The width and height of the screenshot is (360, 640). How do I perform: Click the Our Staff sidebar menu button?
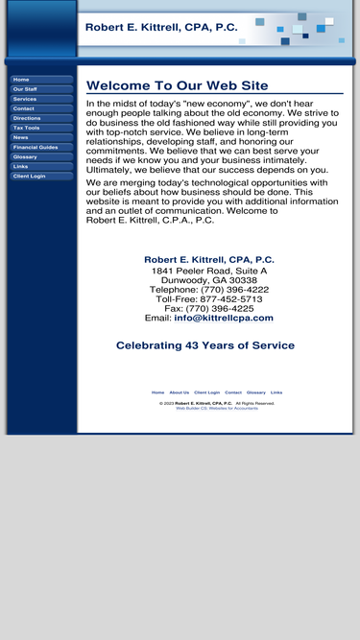41,89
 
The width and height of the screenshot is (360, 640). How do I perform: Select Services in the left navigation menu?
41,99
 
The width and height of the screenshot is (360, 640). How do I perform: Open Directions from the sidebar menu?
41,118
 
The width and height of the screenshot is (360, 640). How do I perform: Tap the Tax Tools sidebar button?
41,128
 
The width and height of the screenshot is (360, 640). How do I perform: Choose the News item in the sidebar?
41,137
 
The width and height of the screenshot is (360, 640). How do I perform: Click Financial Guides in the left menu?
41,147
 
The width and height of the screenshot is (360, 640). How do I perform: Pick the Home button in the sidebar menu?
41,80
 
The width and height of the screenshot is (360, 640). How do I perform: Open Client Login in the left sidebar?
41,176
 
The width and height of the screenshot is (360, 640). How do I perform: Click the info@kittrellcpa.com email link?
224,318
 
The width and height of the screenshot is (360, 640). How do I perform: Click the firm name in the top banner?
161,28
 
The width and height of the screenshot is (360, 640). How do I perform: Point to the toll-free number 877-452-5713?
228,299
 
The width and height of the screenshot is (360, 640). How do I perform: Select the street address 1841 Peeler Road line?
209,271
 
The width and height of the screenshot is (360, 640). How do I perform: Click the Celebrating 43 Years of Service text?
205,345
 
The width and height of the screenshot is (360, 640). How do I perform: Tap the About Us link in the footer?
180,392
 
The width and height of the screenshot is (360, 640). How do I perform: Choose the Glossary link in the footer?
256,392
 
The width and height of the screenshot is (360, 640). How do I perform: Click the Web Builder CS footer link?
217,409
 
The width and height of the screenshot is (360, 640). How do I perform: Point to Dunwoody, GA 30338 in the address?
209,280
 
